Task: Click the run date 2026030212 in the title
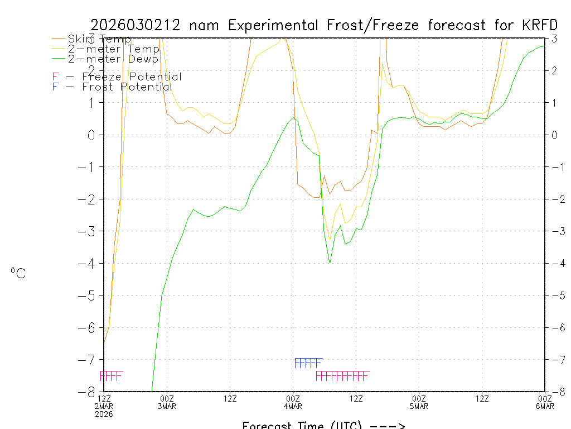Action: pyautogui.click(x=136, y=25)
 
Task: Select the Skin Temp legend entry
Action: pyautogui.click(x=99, y=39)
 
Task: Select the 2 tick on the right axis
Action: pyautogui.click(x=554, y=70)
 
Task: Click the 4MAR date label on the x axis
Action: pyautogui.click(x=293, y=406)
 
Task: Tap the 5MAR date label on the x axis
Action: pyautogui.click(x=419, y=406)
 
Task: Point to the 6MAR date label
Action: pyautogui.click(x=545, y=406)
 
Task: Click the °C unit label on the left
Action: pyautogui.click(x=18, y=274)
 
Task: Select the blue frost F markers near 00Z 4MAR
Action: pyautogui.click(x=308, y=363)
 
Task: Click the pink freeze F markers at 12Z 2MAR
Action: pyautogui.click(x=111, y=375)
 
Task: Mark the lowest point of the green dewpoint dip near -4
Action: pyautogui.click(x=330, y=262)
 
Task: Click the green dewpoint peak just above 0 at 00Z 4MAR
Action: pyautogui.click(x=294, y=117)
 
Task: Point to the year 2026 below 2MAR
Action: pyautogui.click(x=104, y=414)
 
